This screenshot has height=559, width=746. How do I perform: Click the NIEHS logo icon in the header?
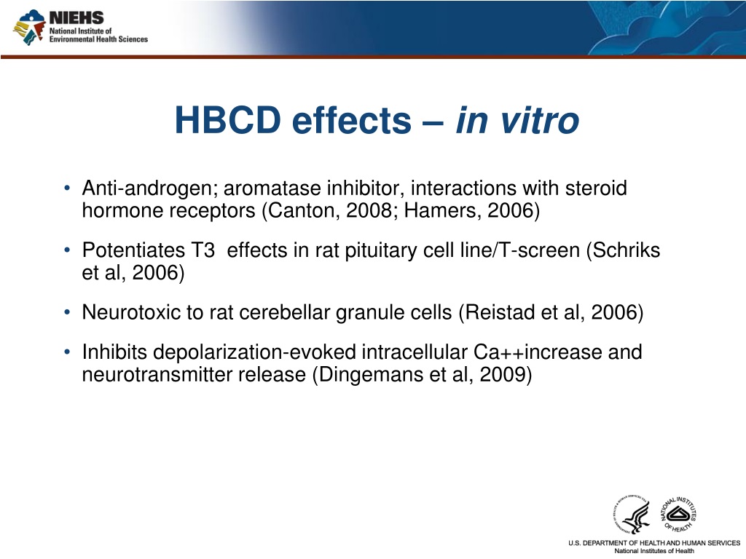click(x=29, y=27)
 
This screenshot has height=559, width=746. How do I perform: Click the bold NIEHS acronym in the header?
click(x=76, y=18)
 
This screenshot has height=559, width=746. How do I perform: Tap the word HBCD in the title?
click(x=228, y=120)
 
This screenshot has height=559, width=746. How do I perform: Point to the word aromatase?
click(x=272, y=189)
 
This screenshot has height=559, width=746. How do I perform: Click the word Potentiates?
click(x=133, y=250)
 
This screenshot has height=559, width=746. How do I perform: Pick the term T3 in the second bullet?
click(x=203, y=250)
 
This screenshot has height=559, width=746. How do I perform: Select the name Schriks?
click(x=627, y=250)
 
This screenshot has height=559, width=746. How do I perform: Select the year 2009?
click(x=506, y=375)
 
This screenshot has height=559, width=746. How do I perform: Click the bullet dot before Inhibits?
click(x=67, y=352)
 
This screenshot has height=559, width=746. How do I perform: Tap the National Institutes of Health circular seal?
click(x=679, y=515)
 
